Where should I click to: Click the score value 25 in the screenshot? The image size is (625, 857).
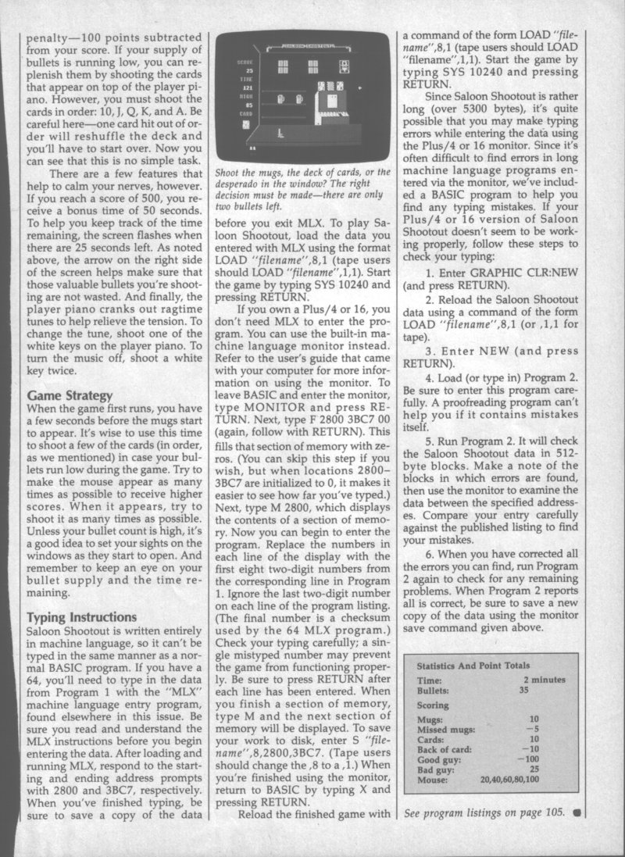(x=248, y=71)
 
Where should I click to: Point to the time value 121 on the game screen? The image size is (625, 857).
(x=247, y=89)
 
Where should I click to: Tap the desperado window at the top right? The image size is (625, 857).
(x=343, y=66)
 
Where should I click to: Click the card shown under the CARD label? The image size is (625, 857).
(x=247, y=123)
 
